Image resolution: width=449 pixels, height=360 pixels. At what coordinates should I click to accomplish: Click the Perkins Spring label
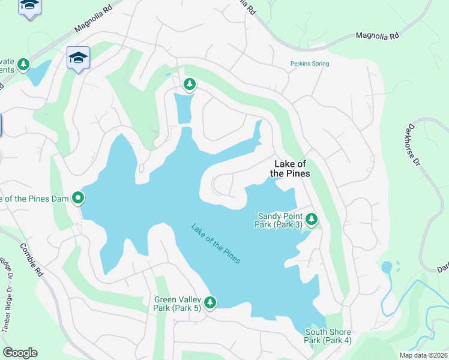coord(309,64)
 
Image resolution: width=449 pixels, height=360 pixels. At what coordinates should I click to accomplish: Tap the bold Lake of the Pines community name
coord(290,169)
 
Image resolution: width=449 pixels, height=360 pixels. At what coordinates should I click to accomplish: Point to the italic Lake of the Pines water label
coord(216,244)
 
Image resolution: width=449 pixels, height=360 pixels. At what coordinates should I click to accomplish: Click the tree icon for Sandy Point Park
coord(311,220)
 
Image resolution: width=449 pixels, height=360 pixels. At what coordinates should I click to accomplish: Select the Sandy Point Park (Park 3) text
coord(280,220)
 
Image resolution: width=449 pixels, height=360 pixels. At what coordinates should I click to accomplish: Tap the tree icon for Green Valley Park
coord(210,302)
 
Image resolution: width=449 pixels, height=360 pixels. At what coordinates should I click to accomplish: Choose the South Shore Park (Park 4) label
coord(328,336)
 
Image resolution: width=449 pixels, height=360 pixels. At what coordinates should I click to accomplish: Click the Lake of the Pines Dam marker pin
coord(78,197)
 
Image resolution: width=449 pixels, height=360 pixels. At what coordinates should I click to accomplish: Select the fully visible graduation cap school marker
coord(78,58)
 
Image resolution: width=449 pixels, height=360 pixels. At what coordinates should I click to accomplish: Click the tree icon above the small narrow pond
coord(190,84)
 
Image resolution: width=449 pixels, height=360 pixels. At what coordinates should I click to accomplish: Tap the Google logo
coord(20,353)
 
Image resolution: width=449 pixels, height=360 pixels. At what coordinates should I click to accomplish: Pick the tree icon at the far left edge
coord(23,64)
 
